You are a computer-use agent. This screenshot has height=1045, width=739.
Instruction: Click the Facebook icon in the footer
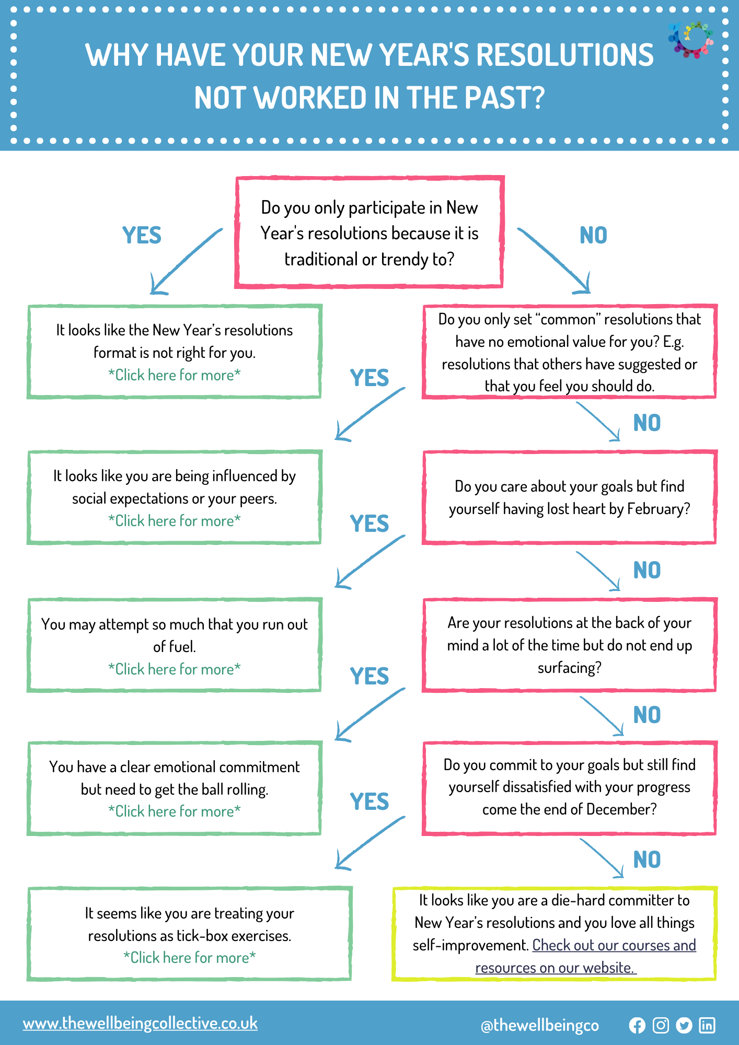637,1026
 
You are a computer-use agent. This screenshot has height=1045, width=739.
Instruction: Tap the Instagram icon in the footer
661,1026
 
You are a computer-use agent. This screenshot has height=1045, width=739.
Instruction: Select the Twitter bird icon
684,1026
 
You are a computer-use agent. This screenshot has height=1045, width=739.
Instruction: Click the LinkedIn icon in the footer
707,1026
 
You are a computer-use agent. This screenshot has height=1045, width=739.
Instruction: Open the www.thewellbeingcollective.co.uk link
140,1023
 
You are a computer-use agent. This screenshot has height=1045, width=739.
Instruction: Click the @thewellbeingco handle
539,1026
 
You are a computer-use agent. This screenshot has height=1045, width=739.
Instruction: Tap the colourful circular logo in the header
690,40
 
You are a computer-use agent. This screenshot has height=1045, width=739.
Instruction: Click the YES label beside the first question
142,236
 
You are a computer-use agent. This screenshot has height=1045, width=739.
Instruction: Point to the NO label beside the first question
593,236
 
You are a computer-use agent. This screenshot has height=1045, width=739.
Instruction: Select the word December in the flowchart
621,809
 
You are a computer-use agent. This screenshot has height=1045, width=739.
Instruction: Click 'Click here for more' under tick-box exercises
190,957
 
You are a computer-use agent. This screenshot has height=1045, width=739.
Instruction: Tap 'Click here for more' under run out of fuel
175,669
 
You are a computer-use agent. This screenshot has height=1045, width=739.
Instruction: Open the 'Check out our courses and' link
614,945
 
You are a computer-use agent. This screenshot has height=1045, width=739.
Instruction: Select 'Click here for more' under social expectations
175,520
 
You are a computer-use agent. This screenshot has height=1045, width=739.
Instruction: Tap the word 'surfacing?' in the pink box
569,668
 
